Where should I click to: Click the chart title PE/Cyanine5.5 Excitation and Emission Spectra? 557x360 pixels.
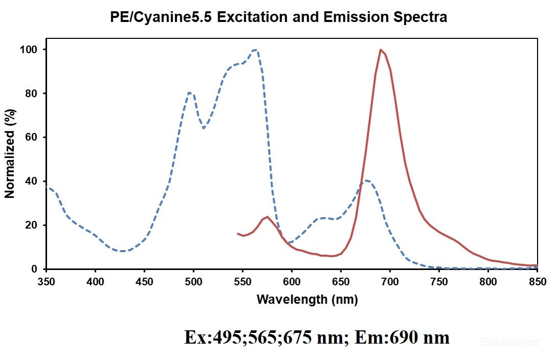point(278,17)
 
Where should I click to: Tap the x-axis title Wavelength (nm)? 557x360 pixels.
point(307,299)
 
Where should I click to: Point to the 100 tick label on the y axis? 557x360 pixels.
point(32,50)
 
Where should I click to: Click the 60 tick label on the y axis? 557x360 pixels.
point(34,137)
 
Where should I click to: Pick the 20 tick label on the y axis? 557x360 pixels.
point(34,225)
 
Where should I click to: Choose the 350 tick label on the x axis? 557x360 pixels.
point(46,281)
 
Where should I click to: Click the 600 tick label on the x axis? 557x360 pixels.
point(292,281)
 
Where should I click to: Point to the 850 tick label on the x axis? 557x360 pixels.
point(537,281)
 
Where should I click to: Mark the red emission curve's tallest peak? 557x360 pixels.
point(381,50)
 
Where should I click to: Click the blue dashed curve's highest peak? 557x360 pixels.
point(256,50)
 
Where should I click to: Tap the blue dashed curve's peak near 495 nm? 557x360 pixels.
point(190,93)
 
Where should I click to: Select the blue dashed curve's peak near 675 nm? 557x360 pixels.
point(366,181)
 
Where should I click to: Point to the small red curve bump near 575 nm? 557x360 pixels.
point(267,217)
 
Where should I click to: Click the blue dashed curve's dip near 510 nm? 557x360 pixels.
point(204,128)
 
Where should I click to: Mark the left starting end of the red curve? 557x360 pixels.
point(238,233)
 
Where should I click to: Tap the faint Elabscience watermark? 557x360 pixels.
point(509,342)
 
